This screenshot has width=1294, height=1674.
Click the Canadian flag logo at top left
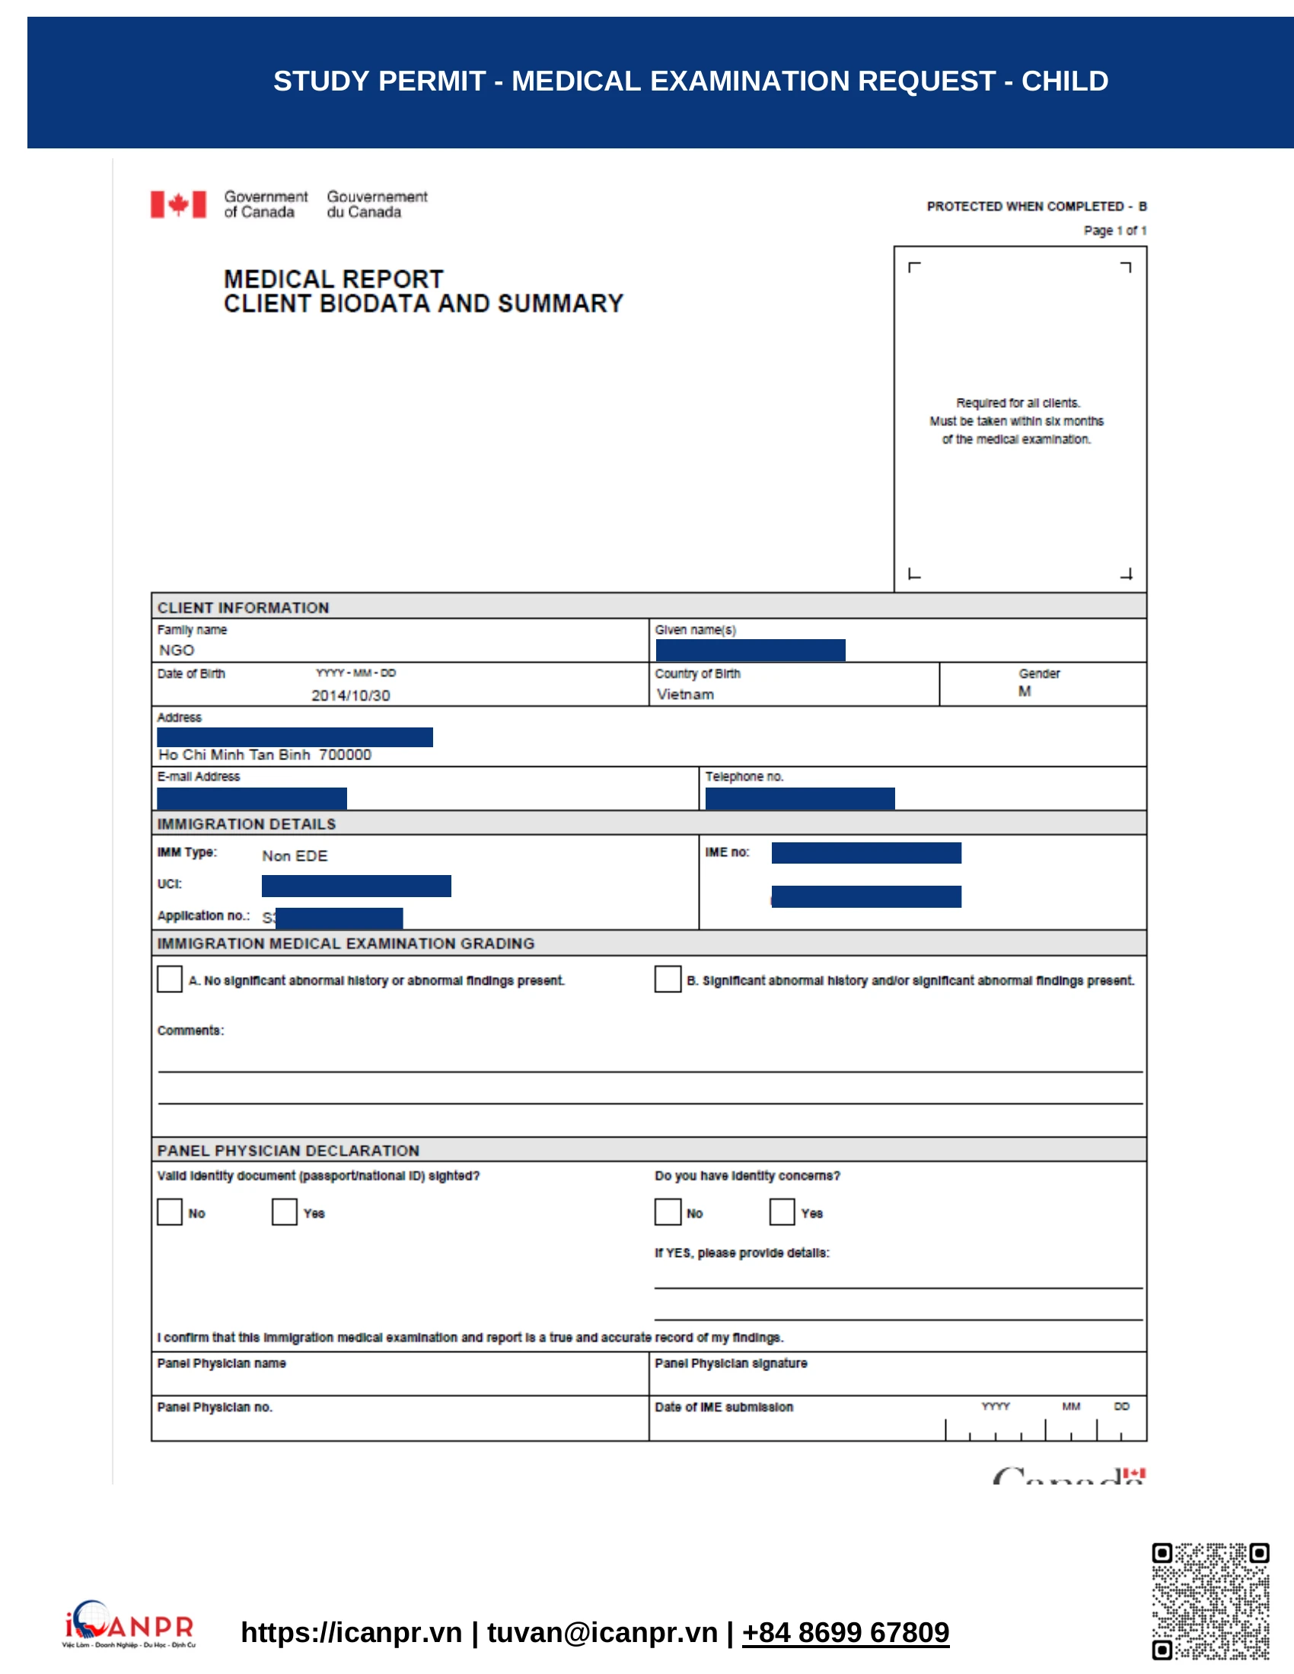point(178,205)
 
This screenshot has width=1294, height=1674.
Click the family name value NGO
point(177,650)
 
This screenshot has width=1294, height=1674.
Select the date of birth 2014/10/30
point(350,695)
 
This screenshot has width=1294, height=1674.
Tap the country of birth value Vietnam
point(684,695)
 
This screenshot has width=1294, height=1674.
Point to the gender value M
point(1024,692)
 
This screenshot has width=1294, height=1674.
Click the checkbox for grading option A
point(170,979)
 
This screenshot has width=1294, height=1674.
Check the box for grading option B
point(668,979)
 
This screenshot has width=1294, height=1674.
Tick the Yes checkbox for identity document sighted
point(285,1212)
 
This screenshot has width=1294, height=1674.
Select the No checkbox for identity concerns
point(668,1212)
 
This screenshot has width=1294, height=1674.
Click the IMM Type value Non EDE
point(295,855)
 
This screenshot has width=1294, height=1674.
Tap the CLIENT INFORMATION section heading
point(243,608)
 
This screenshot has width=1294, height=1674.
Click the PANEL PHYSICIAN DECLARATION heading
point(288,1150)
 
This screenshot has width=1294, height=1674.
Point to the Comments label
point(190,1030)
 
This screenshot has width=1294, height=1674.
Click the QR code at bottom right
point(1210,1601)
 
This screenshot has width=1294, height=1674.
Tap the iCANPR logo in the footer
point(129,1624)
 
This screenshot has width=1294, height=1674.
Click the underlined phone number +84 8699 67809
point(846,1632)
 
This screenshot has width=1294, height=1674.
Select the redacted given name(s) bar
point(751,650)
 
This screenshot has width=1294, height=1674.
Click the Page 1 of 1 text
point(1114,231)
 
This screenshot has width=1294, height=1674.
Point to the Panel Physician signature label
point(731,1363)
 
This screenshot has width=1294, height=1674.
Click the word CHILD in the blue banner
point(1064,81)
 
